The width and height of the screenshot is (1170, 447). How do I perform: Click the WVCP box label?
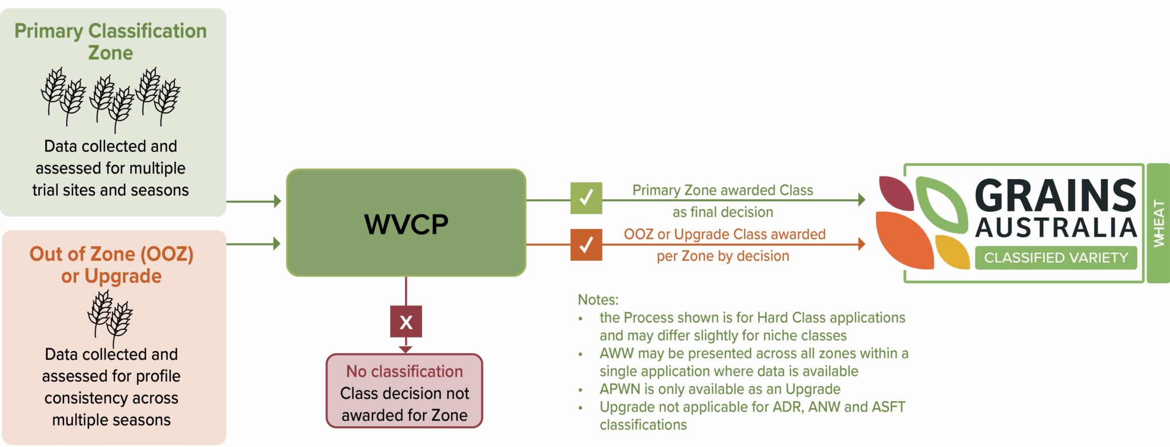(x=406, y=224)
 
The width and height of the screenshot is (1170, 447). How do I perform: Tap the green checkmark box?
(x=586, y=198)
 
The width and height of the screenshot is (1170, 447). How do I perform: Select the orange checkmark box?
(x=586, y=244)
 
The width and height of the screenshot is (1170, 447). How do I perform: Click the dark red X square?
(x=406, y=322)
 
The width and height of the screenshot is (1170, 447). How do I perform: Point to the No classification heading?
(x=404, y=372)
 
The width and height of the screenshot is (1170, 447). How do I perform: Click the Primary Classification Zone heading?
(x=111, y=42)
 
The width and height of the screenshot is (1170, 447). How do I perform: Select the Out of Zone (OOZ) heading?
(x=111, y=254)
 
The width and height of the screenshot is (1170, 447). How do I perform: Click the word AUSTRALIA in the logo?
(x=1056, y=228)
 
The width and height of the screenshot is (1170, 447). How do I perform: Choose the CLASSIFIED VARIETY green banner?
(x=1056, y=258)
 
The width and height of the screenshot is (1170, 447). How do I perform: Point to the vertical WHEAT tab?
(x=1159, y=223)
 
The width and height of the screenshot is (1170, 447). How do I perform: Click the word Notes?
(x=598, y=300)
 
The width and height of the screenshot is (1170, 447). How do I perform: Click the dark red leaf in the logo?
(x=895, y=192)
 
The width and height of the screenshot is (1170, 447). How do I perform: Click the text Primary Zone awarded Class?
(x=723, y=190)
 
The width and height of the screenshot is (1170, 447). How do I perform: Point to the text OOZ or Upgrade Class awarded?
(x=724, y=234)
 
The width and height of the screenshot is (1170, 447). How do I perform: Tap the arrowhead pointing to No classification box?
(x=406, y=349)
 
